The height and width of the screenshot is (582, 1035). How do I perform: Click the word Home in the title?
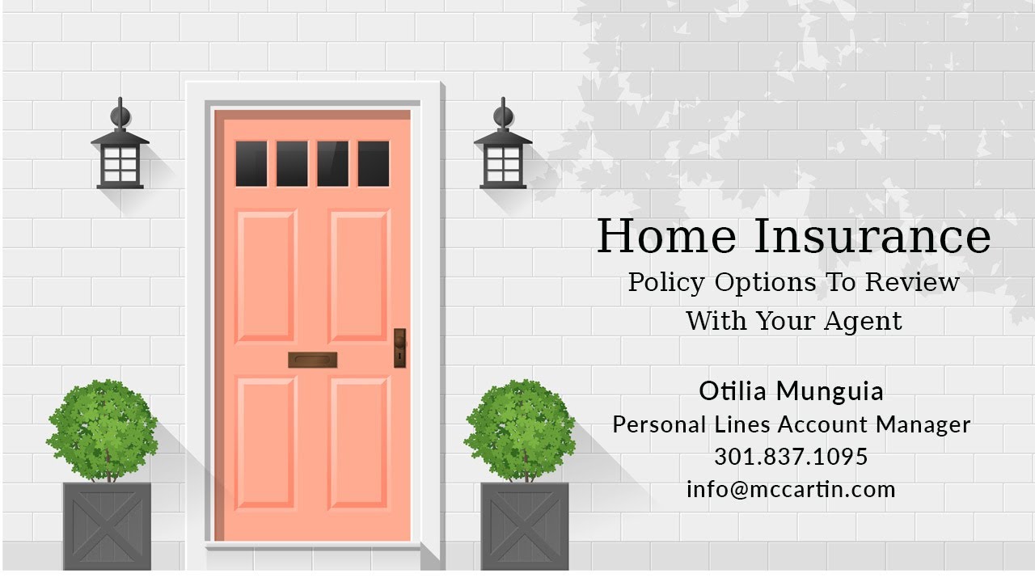tap(666, 237)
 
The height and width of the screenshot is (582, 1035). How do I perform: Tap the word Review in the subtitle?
tap(912, 282)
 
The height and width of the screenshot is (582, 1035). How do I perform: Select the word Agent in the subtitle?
tap(862, 321)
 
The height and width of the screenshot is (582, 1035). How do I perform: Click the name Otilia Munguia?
tap(791, 391)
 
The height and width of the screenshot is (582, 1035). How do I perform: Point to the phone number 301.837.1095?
tap(791, 457)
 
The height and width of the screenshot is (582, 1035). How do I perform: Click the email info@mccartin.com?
tap(791, 489)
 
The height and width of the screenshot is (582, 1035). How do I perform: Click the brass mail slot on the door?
tap(313, 360)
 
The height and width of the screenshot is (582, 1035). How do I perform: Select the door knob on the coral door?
tap(399, 348)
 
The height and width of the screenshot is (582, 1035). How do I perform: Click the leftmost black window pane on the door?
tap(251, 163)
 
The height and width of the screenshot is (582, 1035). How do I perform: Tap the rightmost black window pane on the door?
tap(374, 163)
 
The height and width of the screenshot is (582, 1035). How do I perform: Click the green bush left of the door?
tap(103, 428)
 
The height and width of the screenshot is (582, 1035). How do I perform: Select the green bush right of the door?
tap(520, 428)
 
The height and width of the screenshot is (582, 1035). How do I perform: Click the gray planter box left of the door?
tap(108, 525)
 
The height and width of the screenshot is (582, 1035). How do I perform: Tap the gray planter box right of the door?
tap(525, 525)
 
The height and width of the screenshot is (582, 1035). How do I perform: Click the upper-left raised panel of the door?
tap(266, 275)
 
